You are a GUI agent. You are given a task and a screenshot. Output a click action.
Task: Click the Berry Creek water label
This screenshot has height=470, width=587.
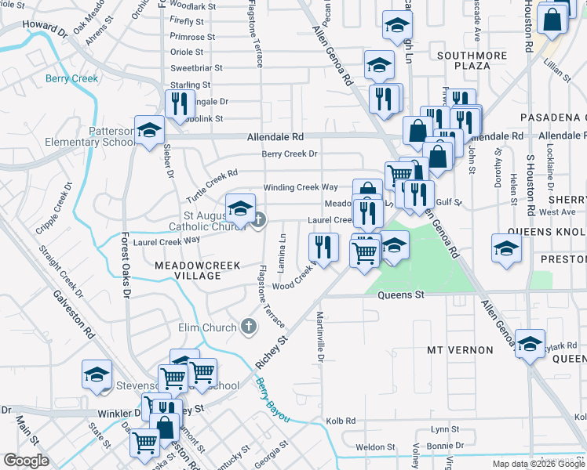71,78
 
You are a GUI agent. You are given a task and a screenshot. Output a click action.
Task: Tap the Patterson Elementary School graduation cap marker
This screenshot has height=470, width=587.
148,131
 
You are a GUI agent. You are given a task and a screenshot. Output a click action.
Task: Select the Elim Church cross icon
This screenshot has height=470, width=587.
249,326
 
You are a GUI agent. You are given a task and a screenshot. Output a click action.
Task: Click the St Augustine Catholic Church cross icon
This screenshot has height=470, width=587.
259,220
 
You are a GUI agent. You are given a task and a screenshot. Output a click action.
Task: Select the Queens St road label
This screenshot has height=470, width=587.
400,295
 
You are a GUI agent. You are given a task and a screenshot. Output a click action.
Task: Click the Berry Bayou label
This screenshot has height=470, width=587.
272,400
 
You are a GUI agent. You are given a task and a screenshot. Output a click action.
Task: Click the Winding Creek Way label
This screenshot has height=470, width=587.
300,187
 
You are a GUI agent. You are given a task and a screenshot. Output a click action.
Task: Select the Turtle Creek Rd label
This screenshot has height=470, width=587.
212,185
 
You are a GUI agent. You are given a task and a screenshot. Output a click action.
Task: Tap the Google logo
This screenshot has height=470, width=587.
26,461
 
